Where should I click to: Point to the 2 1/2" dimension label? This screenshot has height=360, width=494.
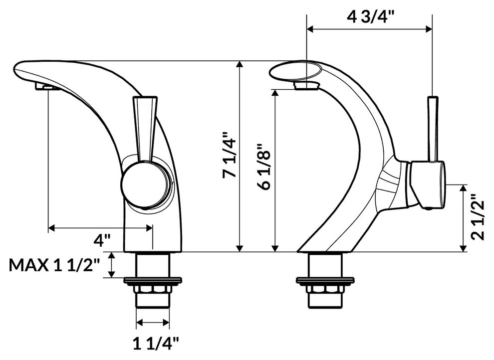[479, 217]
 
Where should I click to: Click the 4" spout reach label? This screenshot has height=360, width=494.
[102, 241]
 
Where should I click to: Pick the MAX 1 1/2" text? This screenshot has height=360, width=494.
[55, 265]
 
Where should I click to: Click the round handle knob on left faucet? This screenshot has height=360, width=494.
[145, 184]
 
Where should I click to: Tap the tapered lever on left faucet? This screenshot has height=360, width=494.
[144, 127]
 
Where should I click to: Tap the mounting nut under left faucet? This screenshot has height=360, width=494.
[148, 289]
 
